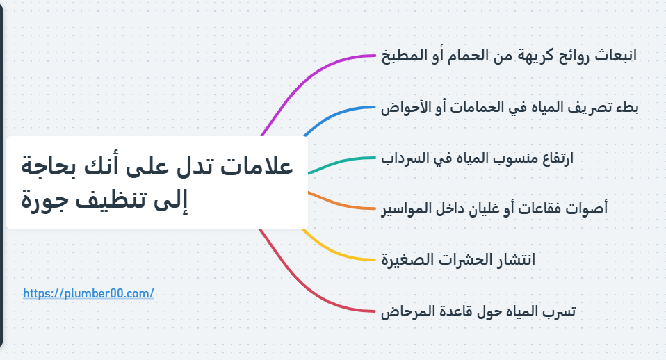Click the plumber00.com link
(x=88, y=293)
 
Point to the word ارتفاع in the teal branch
(x=554, y=158)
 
